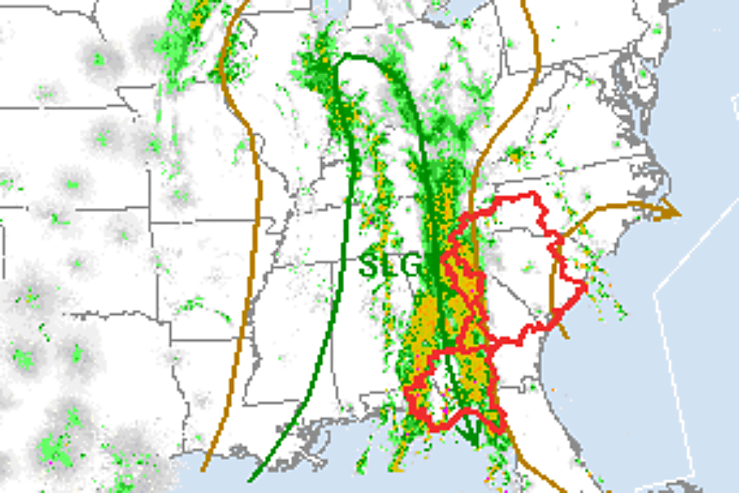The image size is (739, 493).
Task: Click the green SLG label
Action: pos(391,265)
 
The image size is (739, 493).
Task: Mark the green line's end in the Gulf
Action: pos(250,479)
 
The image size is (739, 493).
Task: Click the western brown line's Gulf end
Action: pos(203,470)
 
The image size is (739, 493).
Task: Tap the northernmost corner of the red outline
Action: pos(534,194)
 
